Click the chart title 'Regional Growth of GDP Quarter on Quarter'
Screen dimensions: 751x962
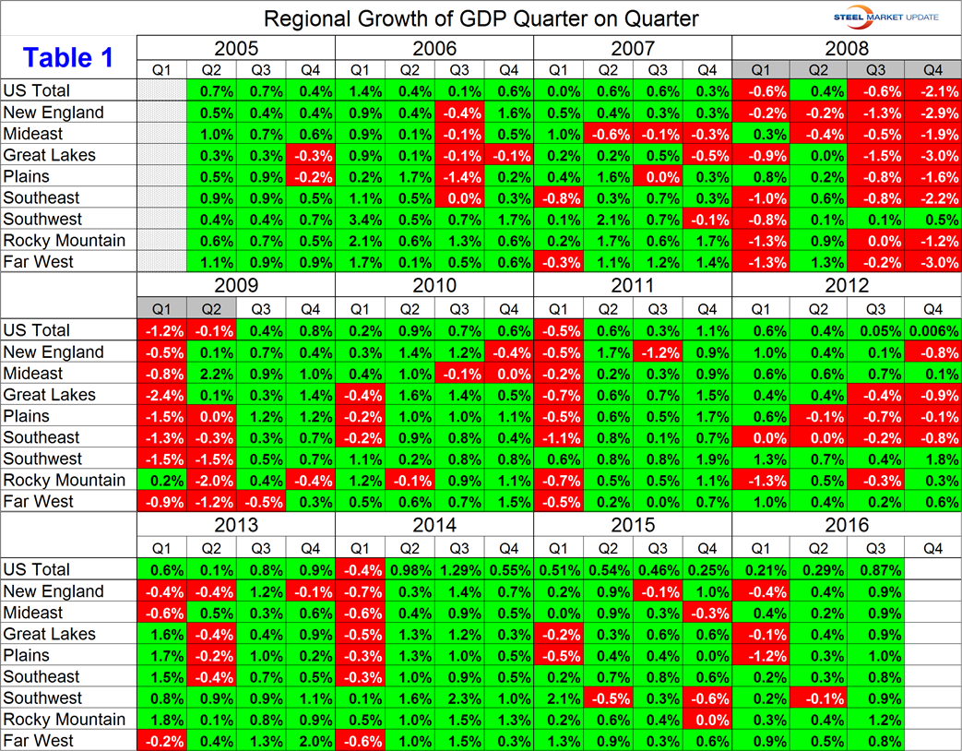point(481,18)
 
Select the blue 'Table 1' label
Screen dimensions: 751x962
point(69,57)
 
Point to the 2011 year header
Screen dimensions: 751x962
point(632,286)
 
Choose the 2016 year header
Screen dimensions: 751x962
point(847,525)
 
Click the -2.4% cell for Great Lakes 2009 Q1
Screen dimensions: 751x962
point(161,395)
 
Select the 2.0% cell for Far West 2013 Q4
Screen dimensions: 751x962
point(310,741)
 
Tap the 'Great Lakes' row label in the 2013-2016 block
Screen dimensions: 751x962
point(50,634)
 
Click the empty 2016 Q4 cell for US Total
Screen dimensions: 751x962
point(932,569)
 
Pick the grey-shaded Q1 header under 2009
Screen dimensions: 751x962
point(161,309)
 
